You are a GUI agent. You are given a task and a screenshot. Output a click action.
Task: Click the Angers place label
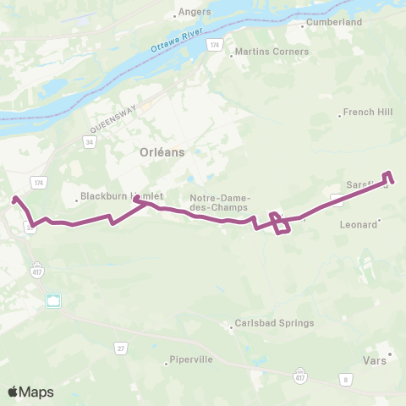pyautogui.click(x=189, y=13)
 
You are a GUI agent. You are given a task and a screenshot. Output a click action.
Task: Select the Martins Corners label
pyautogui.click(x=261, y=52)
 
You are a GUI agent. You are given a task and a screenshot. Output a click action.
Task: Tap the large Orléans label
pyautogui.click(x=161, y=152)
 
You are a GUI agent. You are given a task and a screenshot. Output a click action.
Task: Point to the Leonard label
pyautogui.click(x=357, y=225)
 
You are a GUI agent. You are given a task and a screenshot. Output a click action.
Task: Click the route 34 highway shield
pyautogui.click(x=89, y=141)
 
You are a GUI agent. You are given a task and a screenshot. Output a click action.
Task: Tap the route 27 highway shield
pyautogui.click(x=120, y=348)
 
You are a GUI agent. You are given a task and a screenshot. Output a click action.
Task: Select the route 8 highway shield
pyautogui.click(x=345, y=380)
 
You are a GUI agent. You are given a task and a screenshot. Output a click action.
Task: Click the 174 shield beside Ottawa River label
pyautogui.click(x=215, y=43)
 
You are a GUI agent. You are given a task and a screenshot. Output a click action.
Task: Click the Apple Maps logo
pyautogui.click(x=30, y=392)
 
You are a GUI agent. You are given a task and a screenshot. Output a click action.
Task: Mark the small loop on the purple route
pyautogui.click(x=281, y=223)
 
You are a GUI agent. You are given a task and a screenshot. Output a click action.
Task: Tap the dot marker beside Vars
pyautogui.click(x=389, y=354)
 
